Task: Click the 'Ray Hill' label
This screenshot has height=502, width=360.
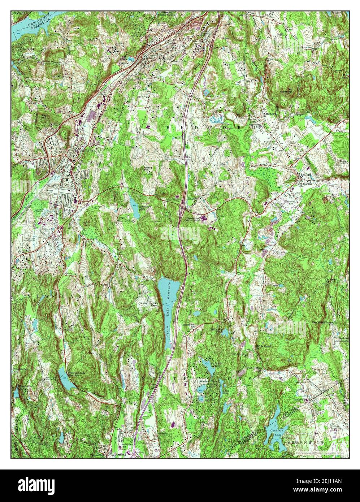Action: point(44,117)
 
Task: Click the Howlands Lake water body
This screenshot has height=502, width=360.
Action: point(135,210)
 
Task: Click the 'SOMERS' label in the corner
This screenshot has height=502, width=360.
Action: point(19,13)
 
